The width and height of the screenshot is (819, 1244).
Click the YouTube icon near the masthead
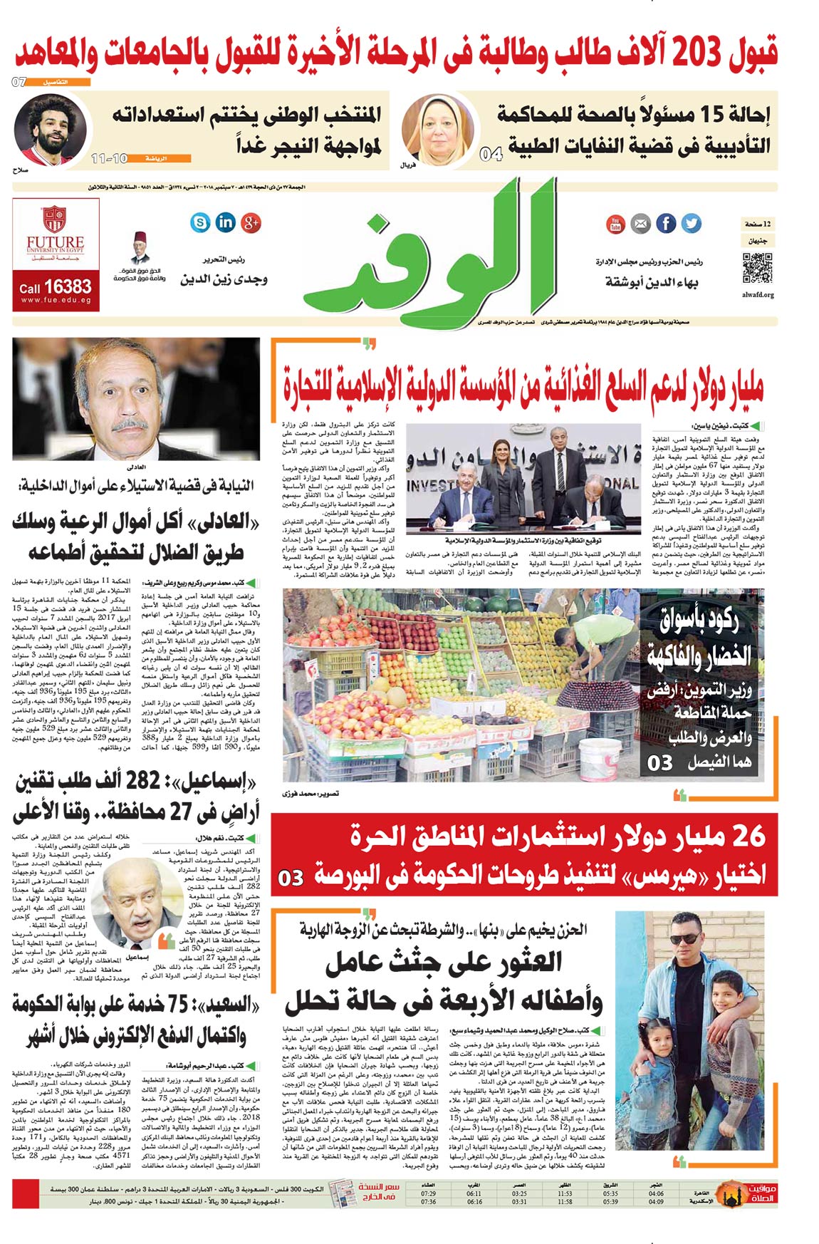pyautogui.click(x=615, y=224)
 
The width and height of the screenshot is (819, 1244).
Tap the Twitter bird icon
pyautogui.click(x=691, y=223)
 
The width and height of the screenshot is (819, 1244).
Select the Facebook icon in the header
pyautogui.click(x=666, y=224)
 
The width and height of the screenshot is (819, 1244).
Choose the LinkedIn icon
pyautogui.click(x=225, y=222)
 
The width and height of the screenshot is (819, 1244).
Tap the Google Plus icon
pyautogui.click(x=251, y=222)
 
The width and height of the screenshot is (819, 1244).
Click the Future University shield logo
pyautogui.click(x=55, y=219)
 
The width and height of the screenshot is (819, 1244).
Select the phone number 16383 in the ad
pyautogui.click(x=68, y=287)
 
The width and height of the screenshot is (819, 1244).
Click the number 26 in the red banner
pyautogui.click(x=748, y=836)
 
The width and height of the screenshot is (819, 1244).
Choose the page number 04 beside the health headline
pyautogui.click(x=491, y=153)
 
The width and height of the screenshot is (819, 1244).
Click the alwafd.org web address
pyautogui.click(x=758, y=294)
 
